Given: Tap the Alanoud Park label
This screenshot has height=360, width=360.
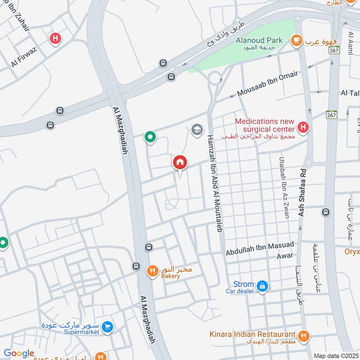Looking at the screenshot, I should coord(259,40).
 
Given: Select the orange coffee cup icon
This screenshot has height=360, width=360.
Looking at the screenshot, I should coord(297,41).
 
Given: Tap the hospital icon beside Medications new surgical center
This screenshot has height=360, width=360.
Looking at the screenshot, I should coord(304,128).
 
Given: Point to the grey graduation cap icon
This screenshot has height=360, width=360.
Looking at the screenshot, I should coord(196,130).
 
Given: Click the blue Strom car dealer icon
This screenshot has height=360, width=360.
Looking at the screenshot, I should coord(262,285).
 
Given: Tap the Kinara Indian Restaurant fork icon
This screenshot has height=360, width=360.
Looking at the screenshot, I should coord(304,335).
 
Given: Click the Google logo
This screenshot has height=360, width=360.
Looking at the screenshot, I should coord(19,353).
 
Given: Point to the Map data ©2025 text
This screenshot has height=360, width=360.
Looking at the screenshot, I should coord(336,356).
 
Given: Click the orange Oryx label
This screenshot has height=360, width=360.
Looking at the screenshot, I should coord(352,252).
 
